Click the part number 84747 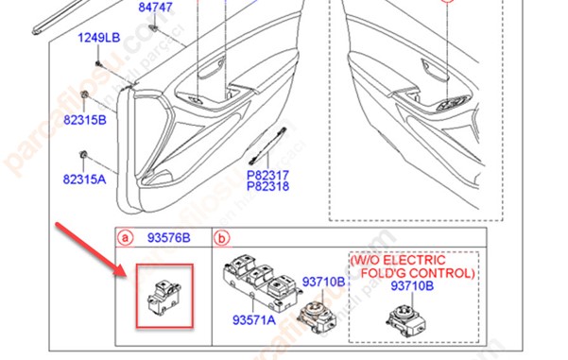coord(155,7)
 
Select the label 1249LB coord(99,38)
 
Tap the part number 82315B coord(85,120)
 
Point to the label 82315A coord(84,179)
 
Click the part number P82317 coord(268,176)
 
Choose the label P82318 coord(268,186)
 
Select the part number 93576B coord(168,237)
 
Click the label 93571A coord(254,319)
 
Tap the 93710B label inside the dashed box coord(412,286)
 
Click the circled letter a coord(125,238)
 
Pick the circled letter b coord(222,238)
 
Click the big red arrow coord(92,251)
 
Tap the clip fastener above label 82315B coord(84,94)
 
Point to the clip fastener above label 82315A coord(83,155)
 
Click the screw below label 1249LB coord(98,64)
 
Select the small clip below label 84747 coord(154,28)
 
